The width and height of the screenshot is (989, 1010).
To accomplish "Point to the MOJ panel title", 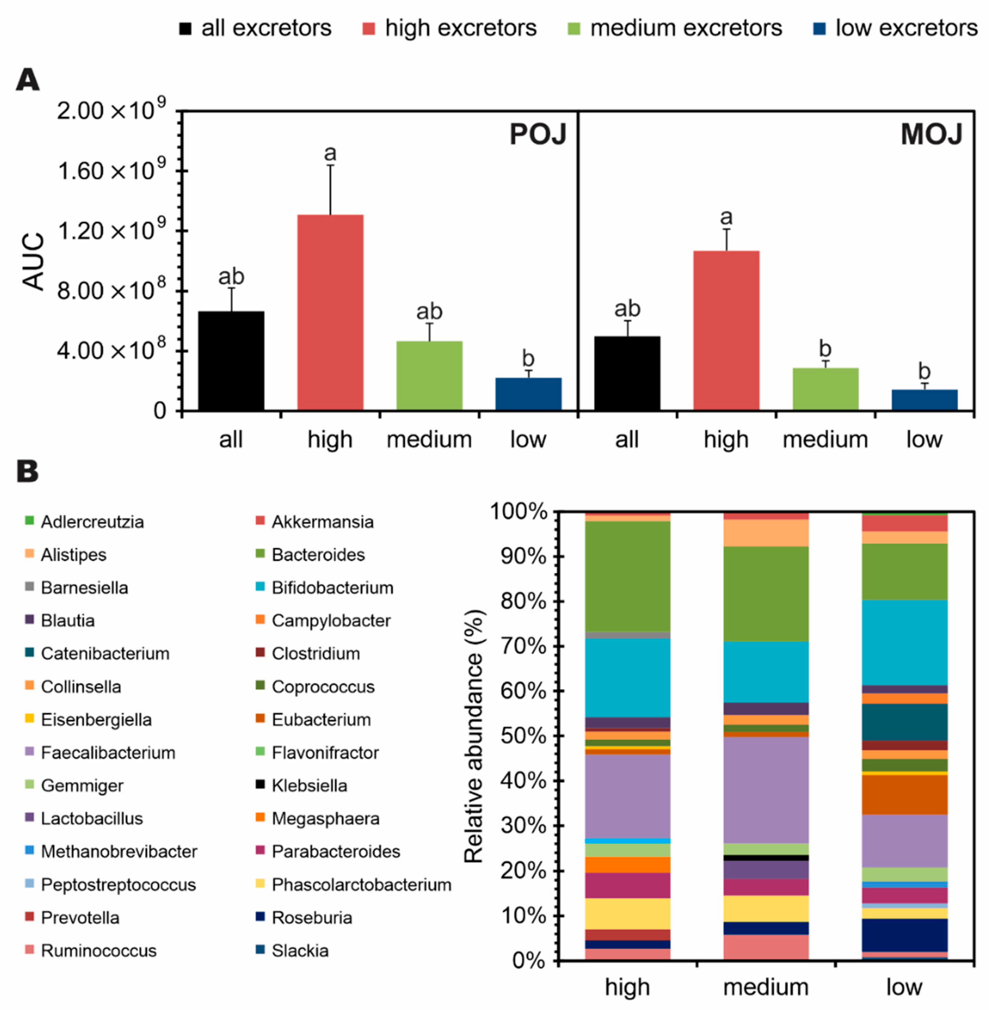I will pyautogui.click(x=931, y=135).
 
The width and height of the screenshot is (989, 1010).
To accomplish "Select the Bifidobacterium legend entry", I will pyautogui.click(x=332, y=587).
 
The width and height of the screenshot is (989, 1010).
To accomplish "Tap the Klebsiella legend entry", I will pyautogui.click(x=309, y=785).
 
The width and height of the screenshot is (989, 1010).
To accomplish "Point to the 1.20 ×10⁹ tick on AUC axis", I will pyautogui.click(x=112, y=231).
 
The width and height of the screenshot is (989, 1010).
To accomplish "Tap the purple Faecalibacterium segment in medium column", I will pyautogui.click(x=766, y=789).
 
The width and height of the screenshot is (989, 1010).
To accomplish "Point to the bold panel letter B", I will pyautogui.click(x=28, y=471).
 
